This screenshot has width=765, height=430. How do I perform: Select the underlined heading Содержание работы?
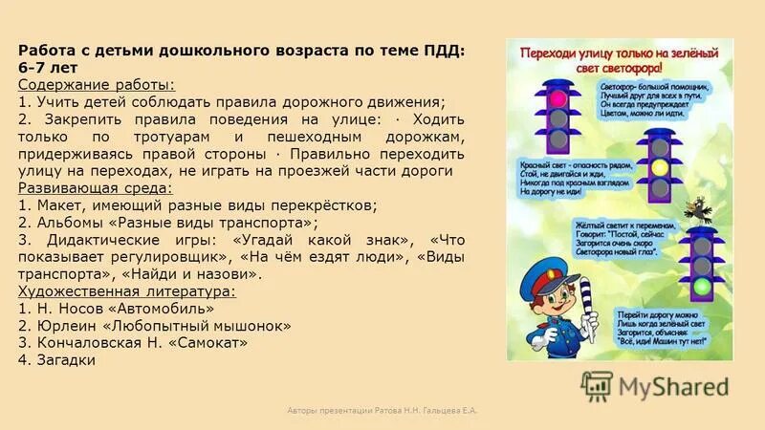tap(96, 85)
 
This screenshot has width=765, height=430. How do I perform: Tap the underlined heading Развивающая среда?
tap(95, 188)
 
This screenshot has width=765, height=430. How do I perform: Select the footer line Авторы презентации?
tap(382, 410)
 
